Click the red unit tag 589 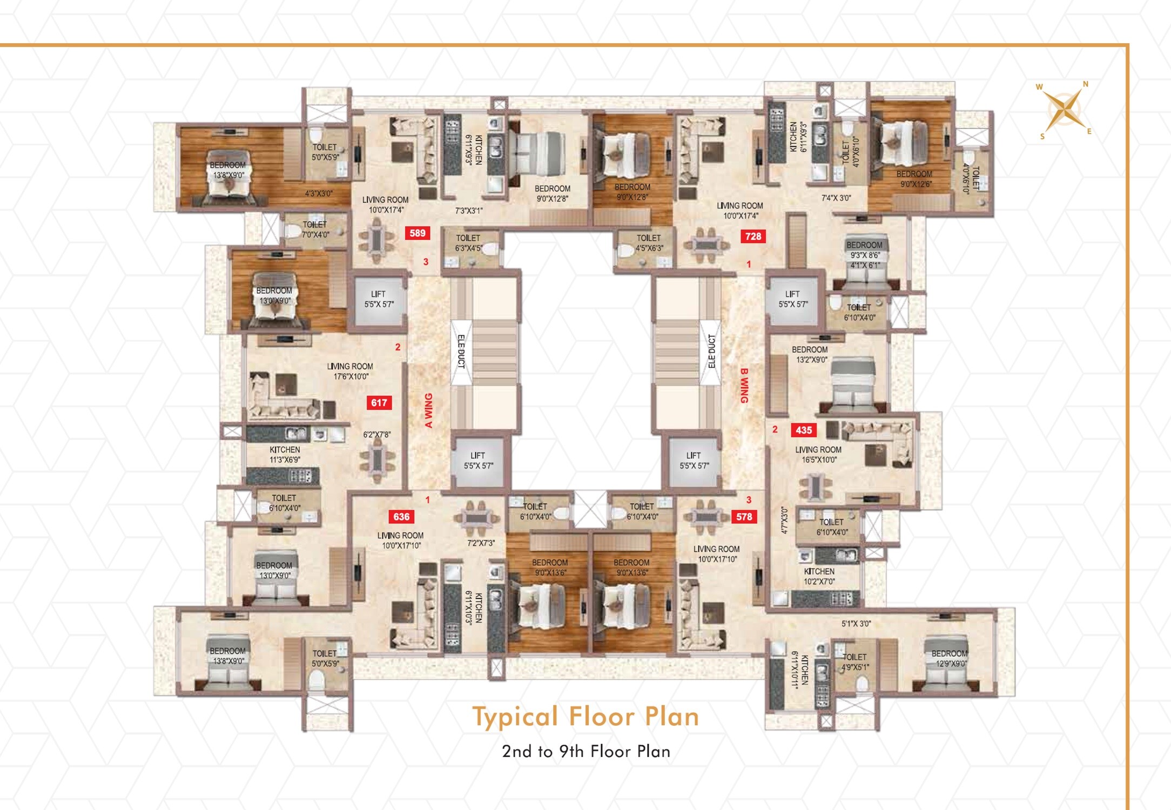(x=418, y=233)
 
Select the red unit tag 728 (x=753, y=237)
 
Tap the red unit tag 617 (x=379, y=403)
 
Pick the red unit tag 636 (x=401, y=517)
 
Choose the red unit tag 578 (x=744, y=517)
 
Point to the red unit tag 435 (x=803, y=430)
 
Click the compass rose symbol (x=1064, y=110)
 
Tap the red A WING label (x=429, y=410)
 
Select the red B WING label (x=744, y=386)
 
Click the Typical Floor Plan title (x=585, y=717)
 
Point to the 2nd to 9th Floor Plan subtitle (x=585, y=752)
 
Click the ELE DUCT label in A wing (x=461, y=352)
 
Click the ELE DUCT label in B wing (x=711, y=352)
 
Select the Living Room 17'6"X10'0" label (x=350, y=372)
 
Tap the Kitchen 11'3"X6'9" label (x=285, y=455)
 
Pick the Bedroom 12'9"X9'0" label (x=949, y=659)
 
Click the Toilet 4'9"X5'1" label (x=854, y=662)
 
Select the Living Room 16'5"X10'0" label (x=818, y=455)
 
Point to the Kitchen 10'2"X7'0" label (x=819, y=576)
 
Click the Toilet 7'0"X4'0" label (x=315, y=230)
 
